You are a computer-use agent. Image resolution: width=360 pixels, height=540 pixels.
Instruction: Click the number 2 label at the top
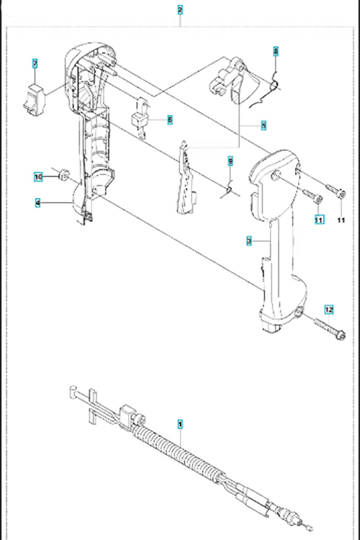[180, 10]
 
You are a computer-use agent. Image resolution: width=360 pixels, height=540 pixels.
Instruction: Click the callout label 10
[38, 176]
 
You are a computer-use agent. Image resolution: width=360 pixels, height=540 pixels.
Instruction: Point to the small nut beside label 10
[63, 173]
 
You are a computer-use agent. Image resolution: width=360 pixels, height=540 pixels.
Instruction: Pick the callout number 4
[38, 203]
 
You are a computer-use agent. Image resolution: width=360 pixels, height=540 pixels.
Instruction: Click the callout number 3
[249, 241]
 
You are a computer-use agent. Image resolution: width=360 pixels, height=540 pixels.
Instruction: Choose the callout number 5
[263, 126]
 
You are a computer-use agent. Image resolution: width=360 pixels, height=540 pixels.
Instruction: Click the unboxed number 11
[341, 219]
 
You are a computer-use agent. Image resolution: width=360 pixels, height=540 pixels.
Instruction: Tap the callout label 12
[329, 309]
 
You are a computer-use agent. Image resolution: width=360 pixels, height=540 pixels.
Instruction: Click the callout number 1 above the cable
[180, 425]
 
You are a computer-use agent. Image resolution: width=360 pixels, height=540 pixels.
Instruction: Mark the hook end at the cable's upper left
[72, 390]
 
